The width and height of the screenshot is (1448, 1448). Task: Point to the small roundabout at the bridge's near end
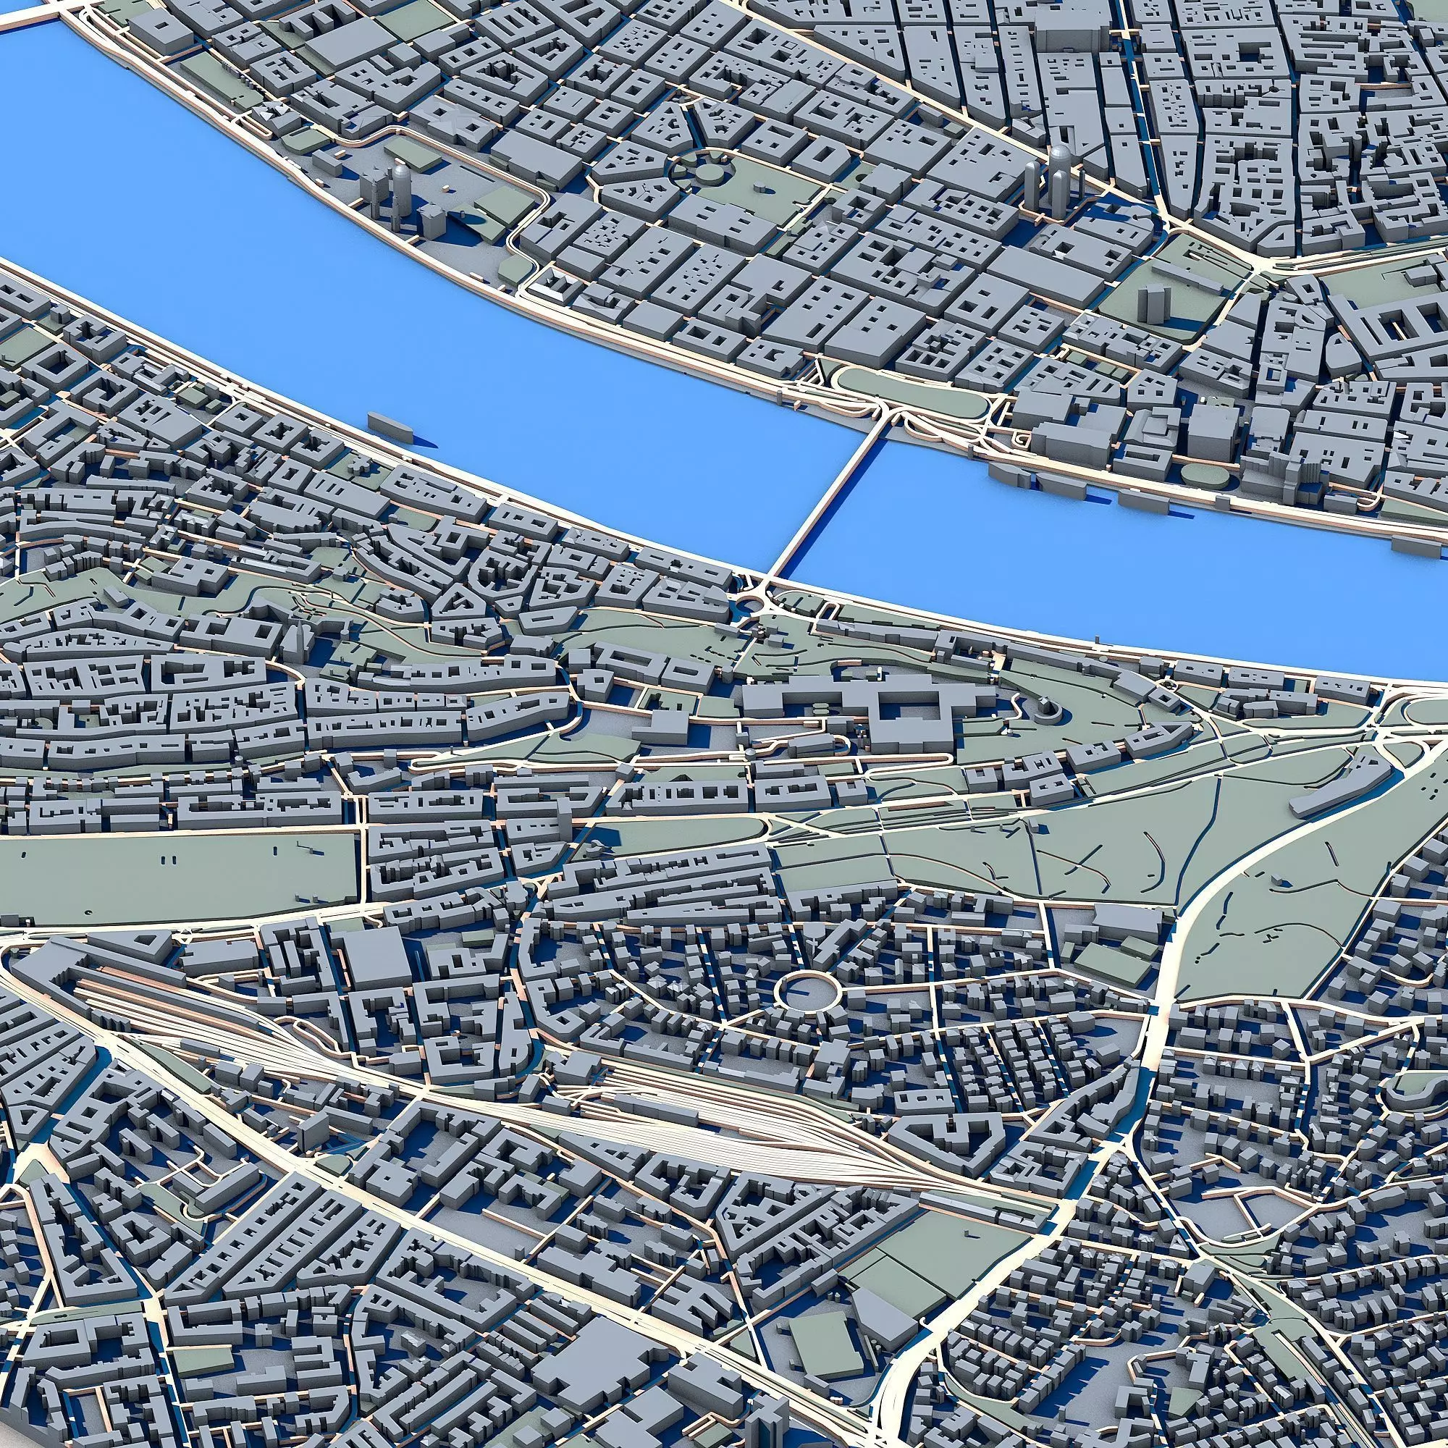point(748,604)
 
